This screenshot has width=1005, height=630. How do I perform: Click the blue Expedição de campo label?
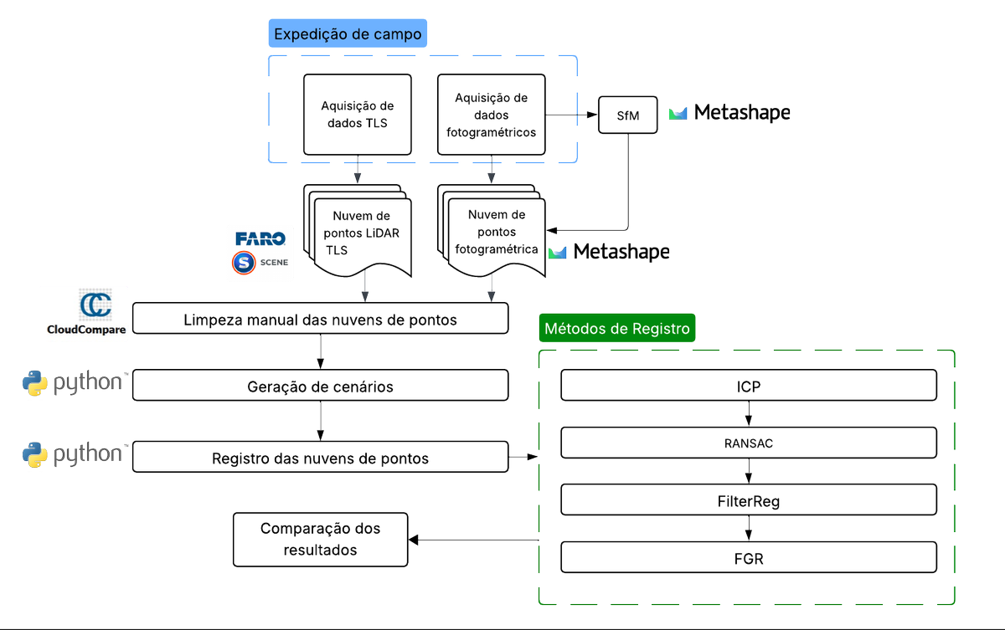348,34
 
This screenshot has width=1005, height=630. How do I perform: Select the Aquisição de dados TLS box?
358,115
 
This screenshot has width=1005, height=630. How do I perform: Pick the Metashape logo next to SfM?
729,112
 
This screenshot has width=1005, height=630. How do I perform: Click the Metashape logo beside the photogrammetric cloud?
609,251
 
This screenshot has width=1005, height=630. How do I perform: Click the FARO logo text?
260,239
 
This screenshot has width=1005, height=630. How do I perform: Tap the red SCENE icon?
243,263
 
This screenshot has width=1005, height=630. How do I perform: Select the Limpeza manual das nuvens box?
321,320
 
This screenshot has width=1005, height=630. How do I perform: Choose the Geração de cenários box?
321,387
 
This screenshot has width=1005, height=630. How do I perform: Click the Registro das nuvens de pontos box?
321,458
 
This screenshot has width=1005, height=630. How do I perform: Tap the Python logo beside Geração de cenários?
74,384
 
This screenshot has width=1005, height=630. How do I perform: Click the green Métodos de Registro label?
617,329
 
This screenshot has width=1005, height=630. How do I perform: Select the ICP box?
748,387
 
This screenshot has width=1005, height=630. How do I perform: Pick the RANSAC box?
748,443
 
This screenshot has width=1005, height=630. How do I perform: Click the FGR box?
748,558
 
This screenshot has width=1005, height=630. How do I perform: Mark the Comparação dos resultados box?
321,540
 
